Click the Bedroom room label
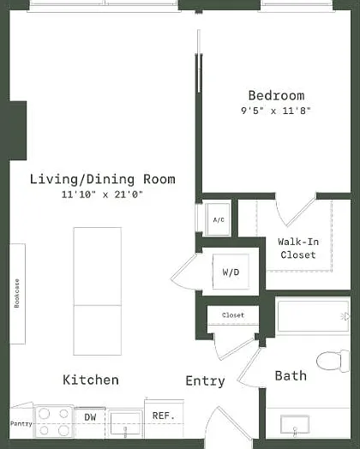click(276, 96)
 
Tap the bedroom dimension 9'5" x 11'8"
click(276, 111)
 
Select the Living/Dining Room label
click(103, 179)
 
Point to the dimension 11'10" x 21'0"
click(102, 195)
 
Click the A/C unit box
click(219, 219)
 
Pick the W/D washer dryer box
click(231, 272)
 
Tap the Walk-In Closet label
click(298, 248)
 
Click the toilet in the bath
click(333, 361)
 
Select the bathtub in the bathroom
click(313, 316)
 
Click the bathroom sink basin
click(295, 424)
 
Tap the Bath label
click(291, 375)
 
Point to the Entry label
click(205, 381)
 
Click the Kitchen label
click(91, 380)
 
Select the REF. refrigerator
click(164, 418)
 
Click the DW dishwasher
click(90, 422)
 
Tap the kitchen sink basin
click(125, 423)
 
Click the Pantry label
click(21, 424)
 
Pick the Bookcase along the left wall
click(17, 294)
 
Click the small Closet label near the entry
click(233, 315)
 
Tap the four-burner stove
click(54, 422)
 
